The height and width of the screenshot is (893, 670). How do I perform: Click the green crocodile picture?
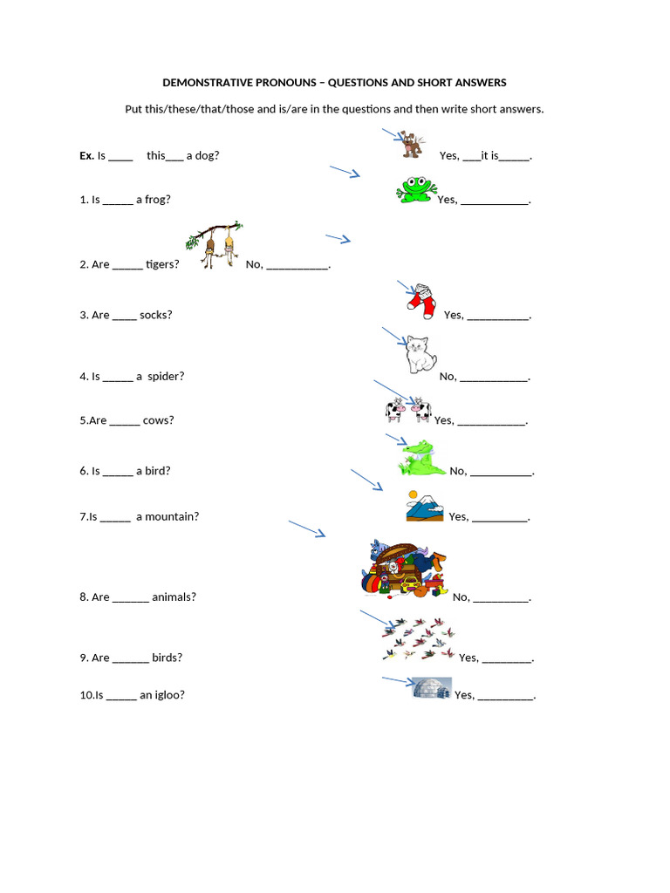pos(421,459)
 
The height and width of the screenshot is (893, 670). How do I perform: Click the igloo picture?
pos(432,689)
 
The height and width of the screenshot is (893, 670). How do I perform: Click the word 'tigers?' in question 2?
pos(162,265)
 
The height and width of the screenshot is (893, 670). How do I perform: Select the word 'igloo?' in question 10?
pos(170,695)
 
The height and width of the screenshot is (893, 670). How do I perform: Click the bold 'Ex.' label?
pos(86,156)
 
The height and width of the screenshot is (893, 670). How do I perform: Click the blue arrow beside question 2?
pos(338,238)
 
